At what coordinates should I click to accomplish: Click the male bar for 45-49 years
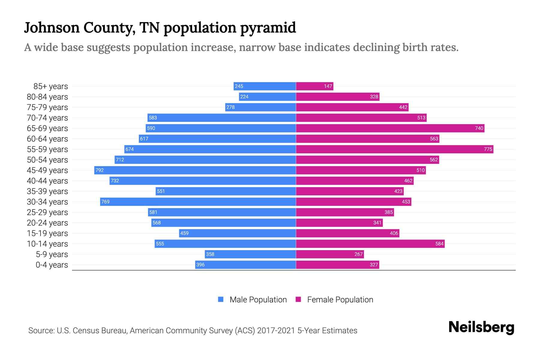click(195, 170)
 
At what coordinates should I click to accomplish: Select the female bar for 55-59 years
click(394, 149)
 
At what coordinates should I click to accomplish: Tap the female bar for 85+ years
click(314, 86)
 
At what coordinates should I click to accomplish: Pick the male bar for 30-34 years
click(198, 202)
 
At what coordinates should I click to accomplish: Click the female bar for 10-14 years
click(370, 244)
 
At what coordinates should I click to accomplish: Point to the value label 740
click(479, 128)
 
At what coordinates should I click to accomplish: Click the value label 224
click(244, 97)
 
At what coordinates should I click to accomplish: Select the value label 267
click(358, 254)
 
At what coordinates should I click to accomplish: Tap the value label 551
click(161, 191)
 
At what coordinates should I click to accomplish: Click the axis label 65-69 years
click(47, 128)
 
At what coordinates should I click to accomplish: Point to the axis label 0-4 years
click(52, 265)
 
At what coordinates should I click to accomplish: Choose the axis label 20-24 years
click(47, 223)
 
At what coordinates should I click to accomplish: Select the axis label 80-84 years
click(47, 97)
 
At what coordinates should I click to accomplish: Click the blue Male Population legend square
click(221, 299)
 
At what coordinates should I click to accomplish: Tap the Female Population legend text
click(340, 299)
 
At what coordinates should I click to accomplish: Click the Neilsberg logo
click(481, 327)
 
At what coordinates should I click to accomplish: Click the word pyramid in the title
click(268, 28)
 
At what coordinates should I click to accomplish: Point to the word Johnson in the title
click(52, 28)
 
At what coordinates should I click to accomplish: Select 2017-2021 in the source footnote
click(276, 331)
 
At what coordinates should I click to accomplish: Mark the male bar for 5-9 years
click(250, 254)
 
